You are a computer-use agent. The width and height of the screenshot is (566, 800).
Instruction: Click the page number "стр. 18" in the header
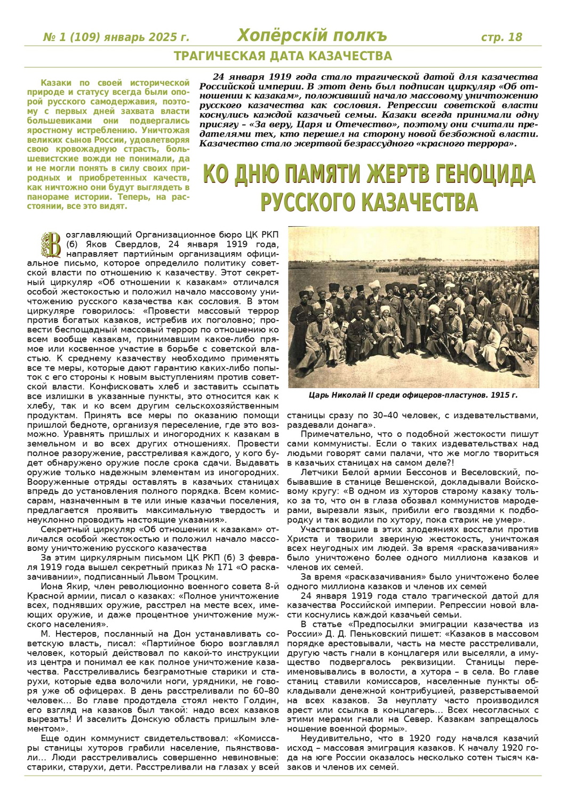pyautogui.click(x=501, y=37)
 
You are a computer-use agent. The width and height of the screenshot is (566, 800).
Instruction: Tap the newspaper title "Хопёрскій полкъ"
pyautogui.click(x=312, y=36)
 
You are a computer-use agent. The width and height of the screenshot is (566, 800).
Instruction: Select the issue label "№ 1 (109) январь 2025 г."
pyautogui.click(x=116, y=37)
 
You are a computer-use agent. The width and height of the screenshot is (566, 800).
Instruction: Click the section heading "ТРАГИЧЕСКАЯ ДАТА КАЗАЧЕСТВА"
pyautogui.click(x=283, y=56)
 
